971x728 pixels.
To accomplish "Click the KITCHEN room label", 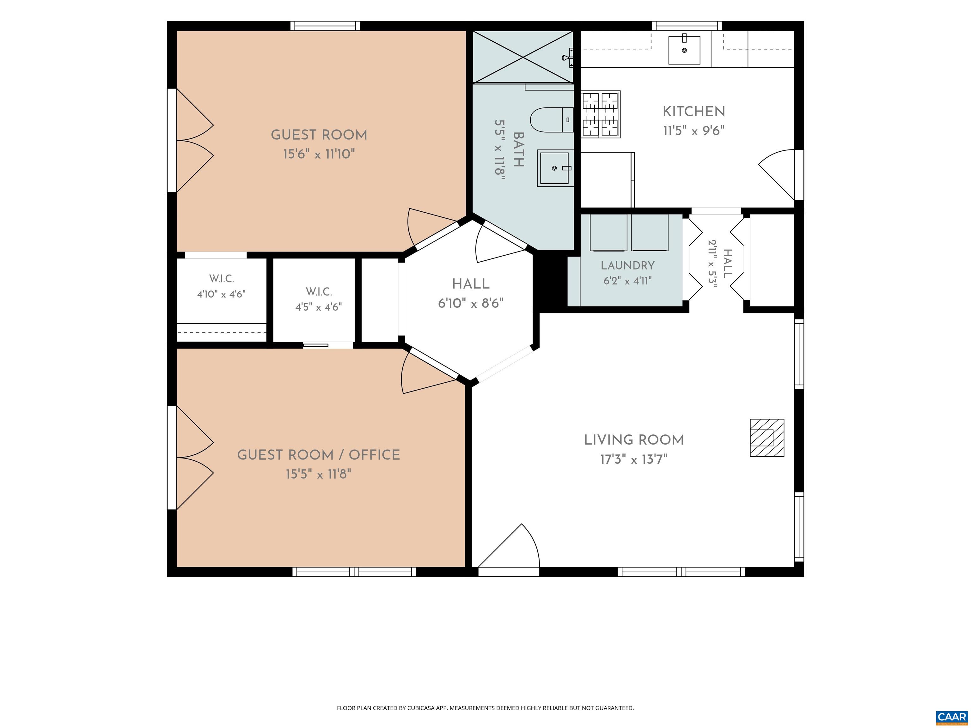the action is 693,112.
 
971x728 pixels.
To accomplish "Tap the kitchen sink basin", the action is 684,50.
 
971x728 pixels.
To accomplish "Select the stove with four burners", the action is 601,114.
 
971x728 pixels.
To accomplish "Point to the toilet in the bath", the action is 552,120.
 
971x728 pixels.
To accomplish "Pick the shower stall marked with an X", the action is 523,57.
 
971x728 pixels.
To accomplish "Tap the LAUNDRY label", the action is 628,265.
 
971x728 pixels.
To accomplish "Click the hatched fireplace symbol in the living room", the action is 767,438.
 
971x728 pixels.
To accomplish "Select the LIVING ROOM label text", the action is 634,440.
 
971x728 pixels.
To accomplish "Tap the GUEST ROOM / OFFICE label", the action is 319,455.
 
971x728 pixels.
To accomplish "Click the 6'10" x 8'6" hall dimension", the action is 471,303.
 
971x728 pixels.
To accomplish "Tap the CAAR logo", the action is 952,717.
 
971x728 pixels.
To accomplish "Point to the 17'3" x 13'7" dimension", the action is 634,459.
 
